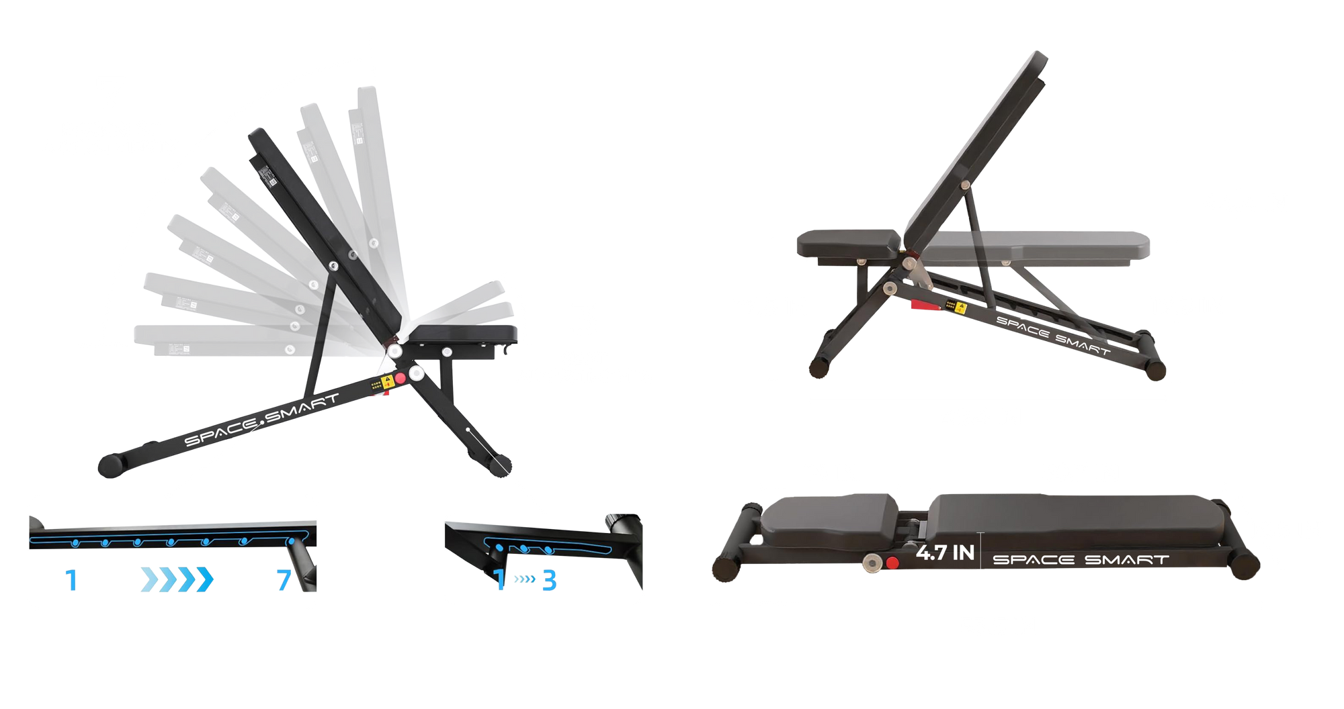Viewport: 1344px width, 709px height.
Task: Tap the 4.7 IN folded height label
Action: [x=945, y=553]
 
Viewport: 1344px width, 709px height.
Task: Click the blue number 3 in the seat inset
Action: [x=550, y=580]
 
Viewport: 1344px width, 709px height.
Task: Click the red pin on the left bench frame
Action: [x=401, y=378]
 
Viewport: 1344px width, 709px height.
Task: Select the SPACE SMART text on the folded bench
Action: [x=1080, y=559]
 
